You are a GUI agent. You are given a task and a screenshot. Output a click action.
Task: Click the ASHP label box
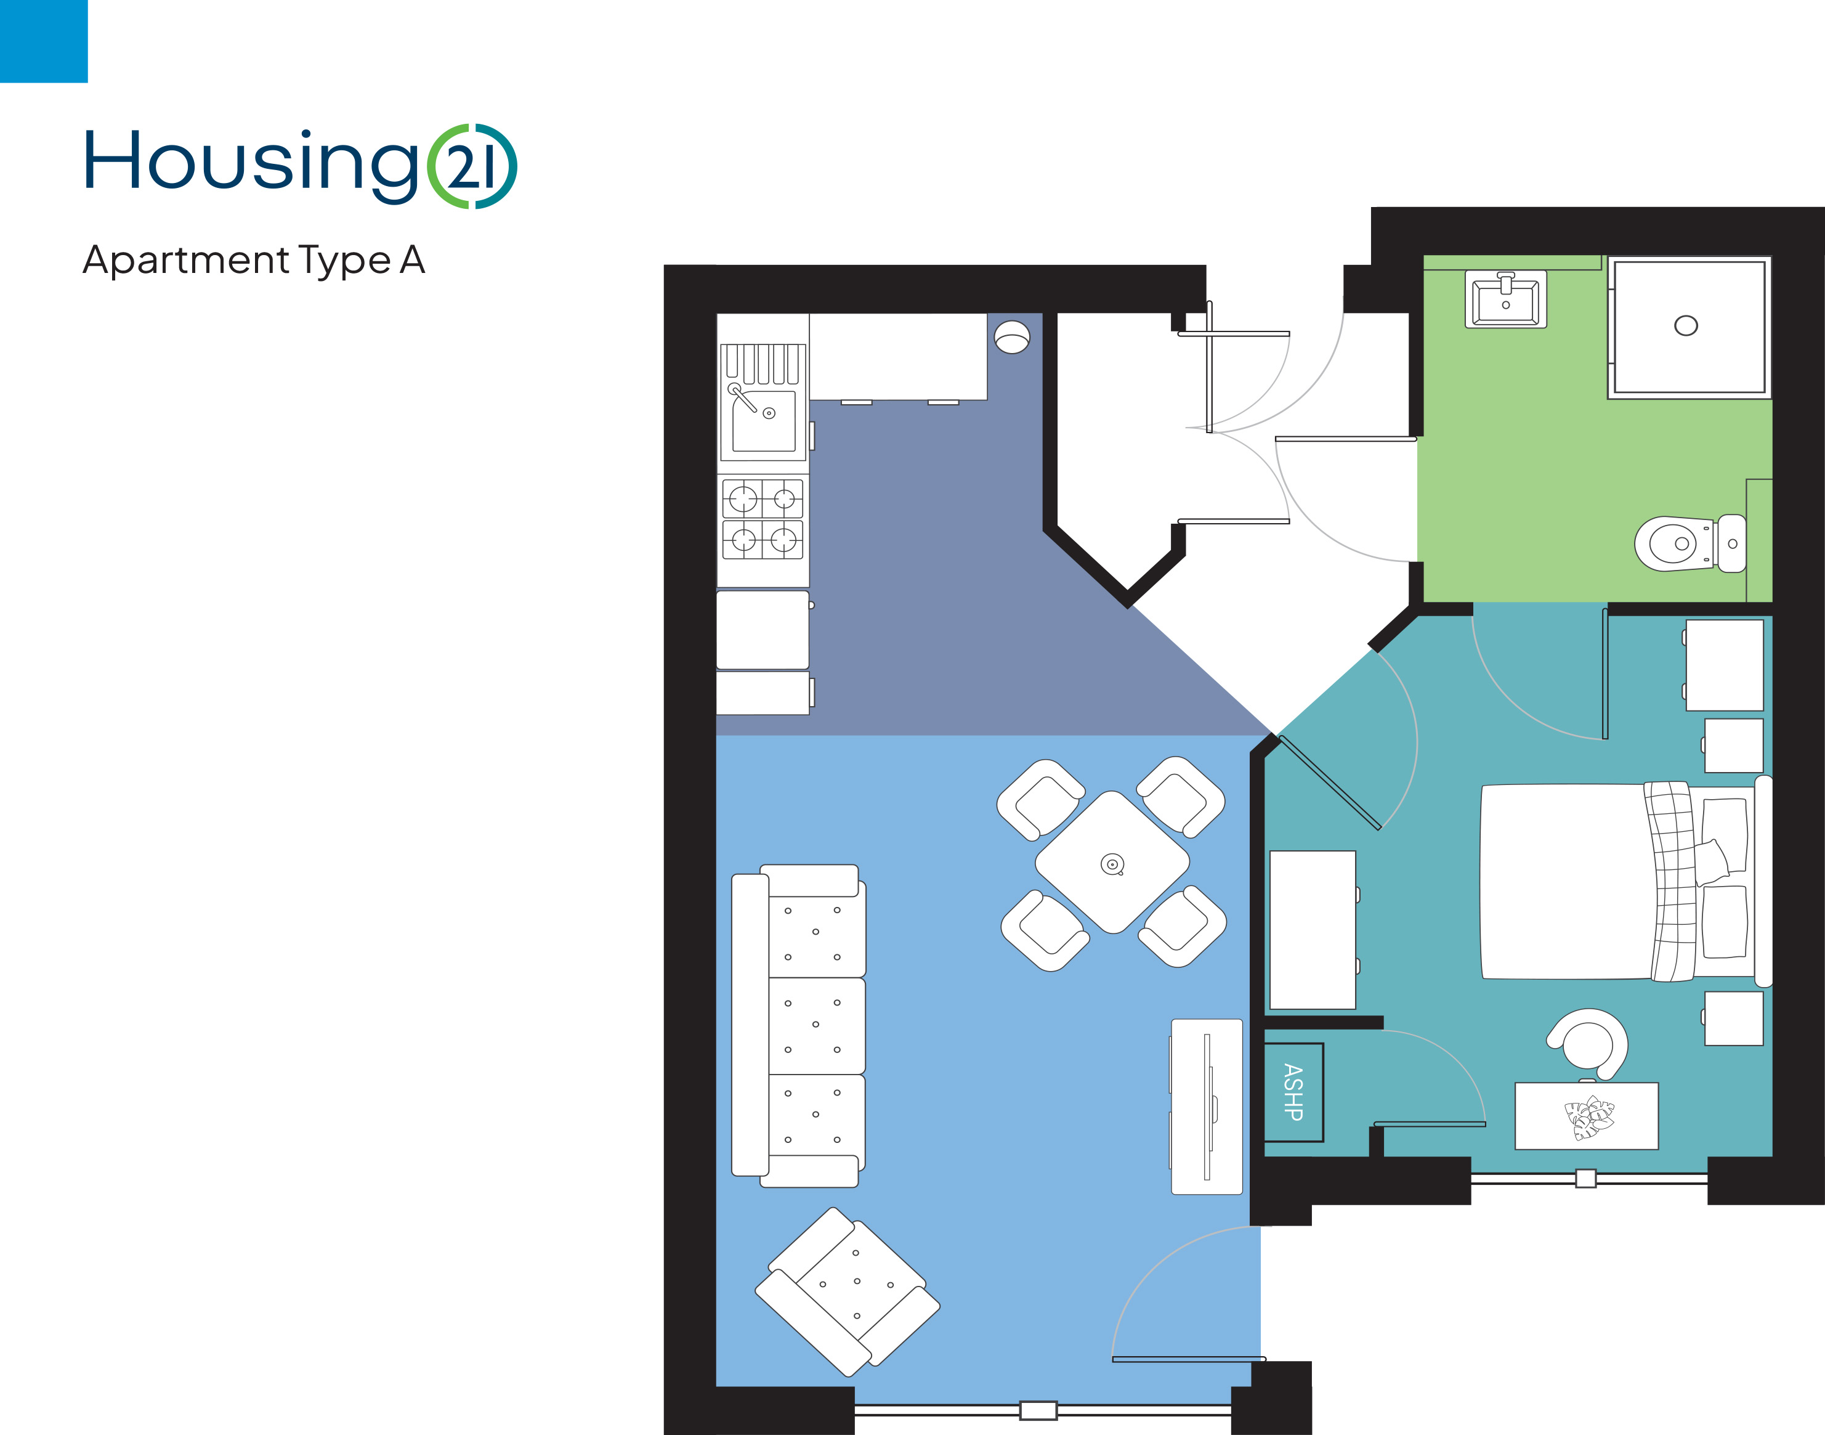click(x=1293, y=1092)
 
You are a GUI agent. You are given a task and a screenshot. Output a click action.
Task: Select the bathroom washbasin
click(x=1506, y=299)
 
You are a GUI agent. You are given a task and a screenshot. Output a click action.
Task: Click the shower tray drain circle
click(x=1686, y=325)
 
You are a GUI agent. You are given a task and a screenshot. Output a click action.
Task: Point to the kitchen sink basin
click(x=763, y=420)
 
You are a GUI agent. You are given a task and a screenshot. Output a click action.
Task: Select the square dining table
click(x=1112, y=862)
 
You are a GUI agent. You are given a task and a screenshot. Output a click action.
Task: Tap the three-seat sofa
click(x=799, y=1025)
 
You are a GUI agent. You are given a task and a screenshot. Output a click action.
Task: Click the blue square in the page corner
click(x=44, y=41)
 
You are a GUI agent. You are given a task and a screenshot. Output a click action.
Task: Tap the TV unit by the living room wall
click(x=1206, y=1107)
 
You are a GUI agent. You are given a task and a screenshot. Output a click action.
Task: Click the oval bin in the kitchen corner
click(x=1012, y=337)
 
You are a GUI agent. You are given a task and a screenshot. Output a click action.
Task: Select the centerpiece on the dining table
click(x=1112, y=864)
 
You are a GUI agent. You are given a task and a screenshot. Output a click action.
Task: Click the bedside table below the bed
click(x=1733, y=1018)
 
